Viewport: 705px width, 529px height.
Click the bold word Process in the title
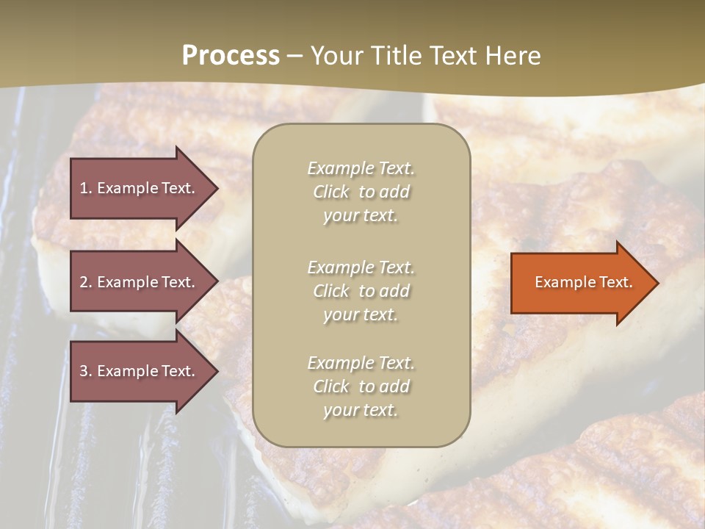pyautogui.click(x=231, y=56)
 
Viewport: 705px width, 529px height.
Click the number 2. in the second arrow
pyautogui.click(x=86, y=282)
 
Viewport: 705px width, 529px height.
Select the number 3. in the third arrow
pyautogui.click(x=86, y=371)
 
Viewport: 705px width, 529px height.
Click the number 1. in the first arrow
pyautogui.click(x=86, y=188)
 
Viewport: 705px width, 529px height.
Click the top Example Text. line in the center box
pyautogui.click(x=361, y=168)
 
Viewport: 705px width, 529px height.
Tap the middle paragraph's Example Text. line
pyautogui.click(x=361, y=267)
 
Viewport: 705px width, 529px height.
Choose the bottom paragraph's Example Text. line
pyautogui.click(x=361, y=363)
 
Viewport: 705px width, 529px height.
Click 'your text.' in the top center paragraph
pyautogui.click(x=361, y=216)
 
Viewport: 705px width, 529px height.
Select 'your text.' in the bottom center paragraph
pyautogui.click(x=361, y=410)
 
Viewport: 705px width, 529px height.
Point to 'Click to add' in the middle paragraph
pyautogui.click(x=361, y=291)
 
